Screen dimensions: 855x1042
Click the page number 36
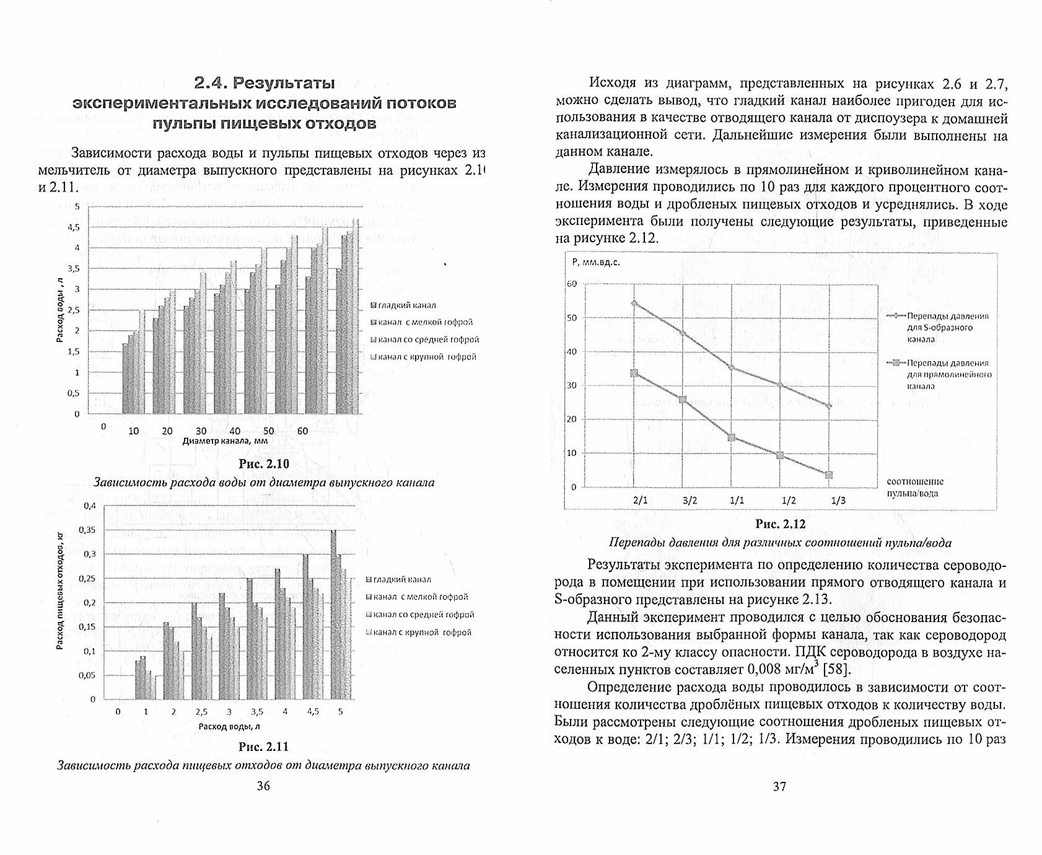263,786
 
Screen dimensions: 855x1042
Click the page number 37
779,787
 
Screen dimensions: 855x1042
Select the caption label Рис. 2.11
263,746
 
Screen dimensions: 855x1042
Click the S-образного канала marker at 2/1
634,304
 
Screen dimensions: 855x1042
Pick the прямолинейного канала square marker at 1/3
829,475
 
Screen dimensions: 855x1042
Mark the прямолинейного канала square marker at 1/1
732,437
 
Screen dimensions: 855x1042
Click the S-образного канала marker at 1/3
829,406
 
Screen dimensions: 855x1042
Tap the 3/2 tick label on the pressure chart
683,501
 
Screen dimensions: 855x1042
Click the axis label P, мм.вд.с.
596,262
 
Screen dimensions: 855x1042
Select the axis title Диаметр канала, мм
228,441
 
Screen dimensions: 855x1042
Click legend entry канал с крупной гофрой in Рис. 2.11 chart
419,633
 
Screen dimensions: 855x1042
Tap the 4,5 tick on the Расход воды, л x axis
313,712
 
